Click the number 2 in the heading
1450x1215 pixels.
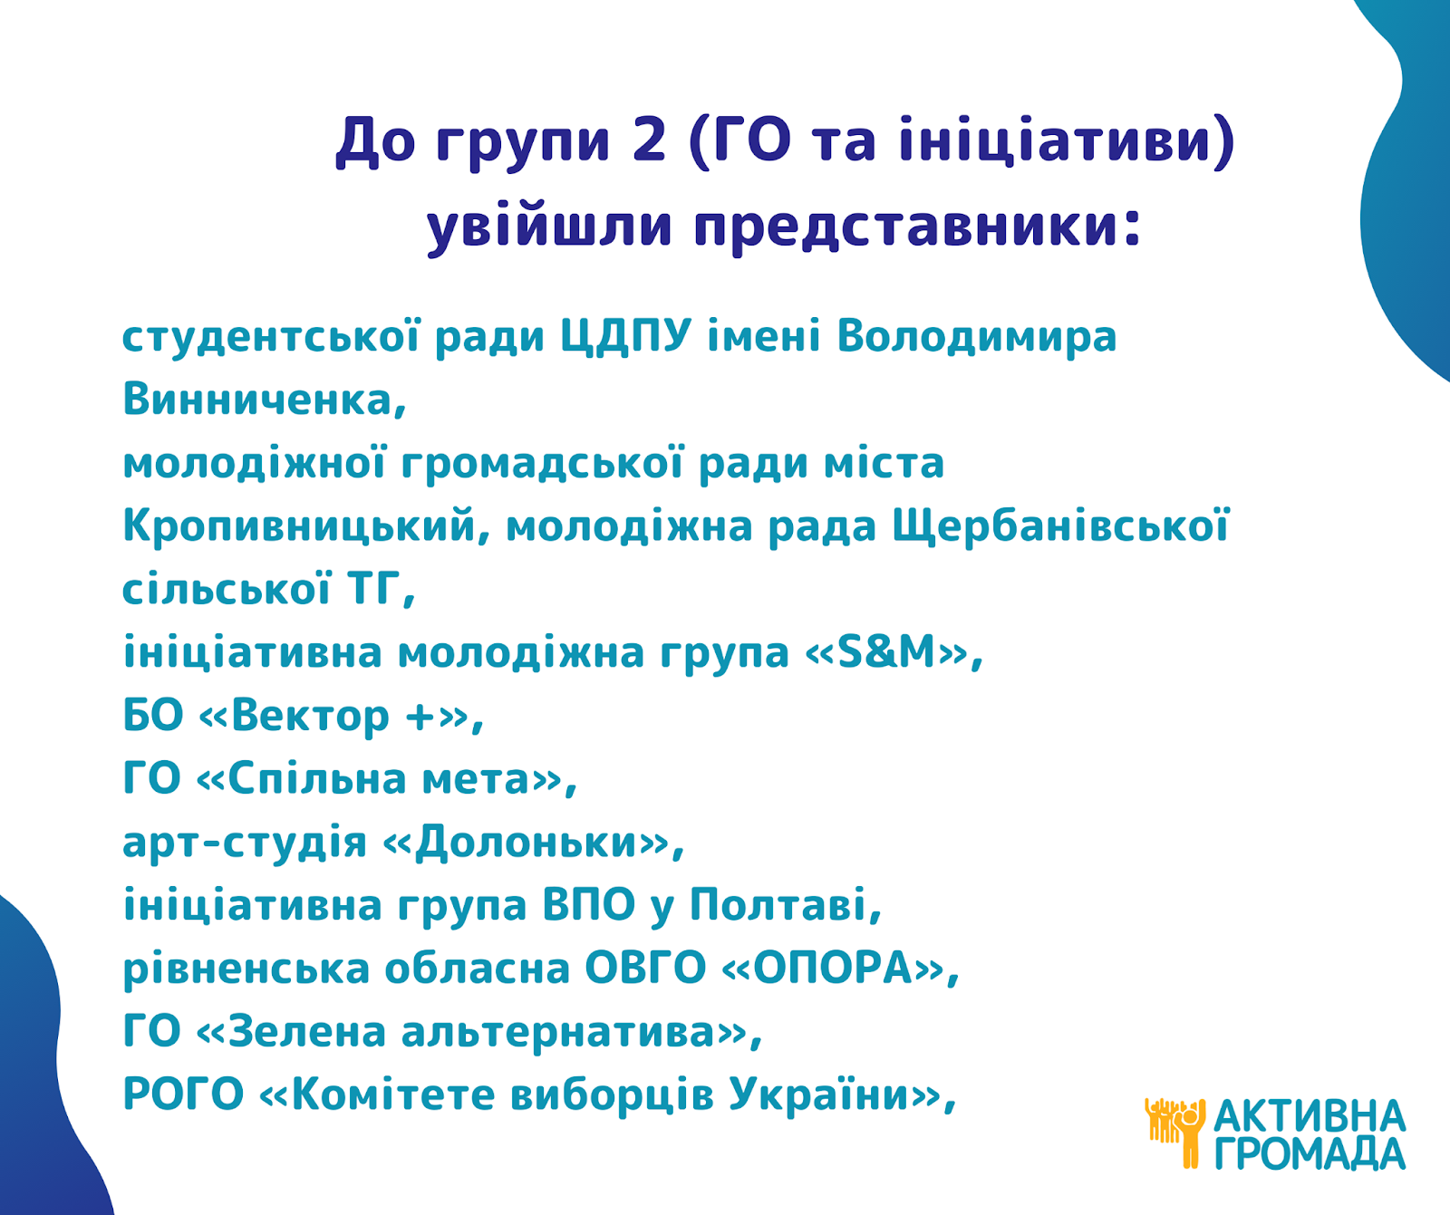pos(649,141)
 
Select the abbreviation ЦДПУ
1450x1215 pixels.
pos(626,337)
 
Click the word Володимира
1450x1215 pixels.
pos(977,337)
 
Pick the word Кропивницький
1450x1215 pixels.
pos(307,526)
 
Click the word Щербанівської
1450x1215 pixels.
pos(1061,526)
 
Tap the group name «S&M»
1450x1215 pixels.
pos(887,652)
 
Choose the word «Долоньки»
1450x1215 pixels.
pos(526,842)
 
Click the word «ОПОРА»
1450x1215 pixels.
pos(834,969)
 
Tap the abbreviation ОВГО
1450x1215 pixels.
pos(645,969)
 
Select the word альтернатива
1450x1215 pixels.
pos(559,1032)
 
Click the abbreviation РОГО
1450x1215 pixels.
pos(183,1094)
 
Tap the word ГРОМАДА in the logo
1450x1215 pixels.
pos(1310,1153)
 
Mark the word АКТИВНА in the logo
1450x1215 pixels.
pos(1310,1115)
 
